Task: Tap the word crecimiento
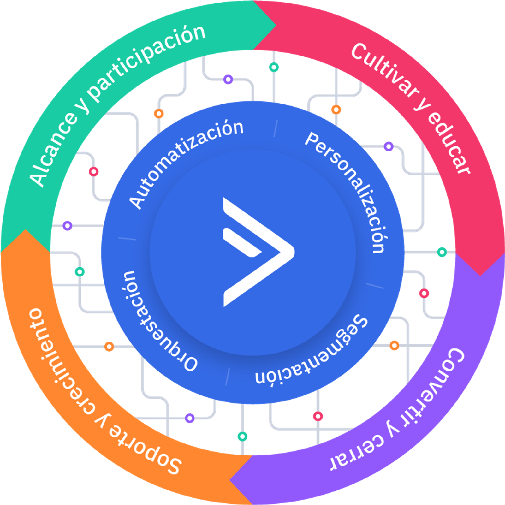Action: click(57, 363)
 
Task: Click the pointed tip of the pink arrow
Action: click(480, 275)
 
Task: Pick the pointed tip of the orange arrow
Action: click(25, 230)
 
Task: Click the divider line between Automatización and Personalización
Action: click(276, 128)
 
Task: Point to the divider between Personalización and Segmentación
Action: click(375, 286)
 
